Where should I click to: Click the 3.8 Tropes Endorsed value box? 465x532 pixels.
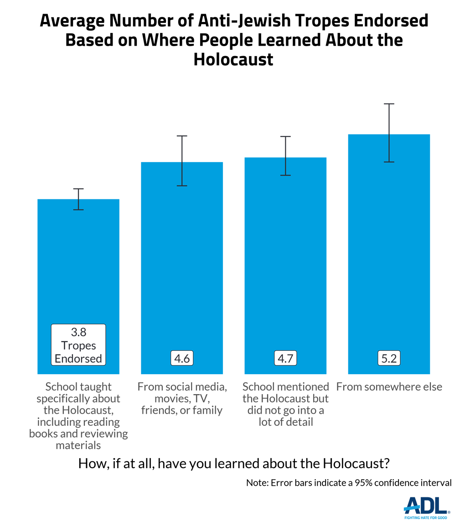[78, 345]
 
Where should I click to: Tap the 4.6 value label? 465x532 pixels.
[182, 358]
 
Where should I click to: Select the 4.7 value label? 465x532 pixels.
[285, 358]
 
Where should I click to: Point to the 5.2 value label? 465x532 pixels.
[389, 358]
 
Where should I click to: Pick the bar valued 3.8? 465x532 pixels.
[78, 274]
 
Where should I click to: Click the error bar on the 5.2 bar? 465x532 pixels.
[389, 133]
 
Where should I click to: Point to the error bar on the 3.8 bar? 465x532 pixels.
[78, 199]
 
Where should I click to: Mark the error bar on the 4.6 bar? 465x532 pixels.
[182, 161]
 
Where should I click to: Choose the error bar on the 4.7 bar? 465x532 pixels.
[285, 156]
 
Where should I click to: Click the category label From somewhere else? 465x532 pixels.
[389, 387]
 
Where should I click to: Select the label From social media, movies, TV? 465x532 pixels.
[182, 398]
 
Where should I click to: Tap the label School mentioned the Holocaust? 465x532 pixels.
[285, 404]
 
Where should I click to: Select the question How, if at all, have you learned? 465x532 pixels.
[234, 464]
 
